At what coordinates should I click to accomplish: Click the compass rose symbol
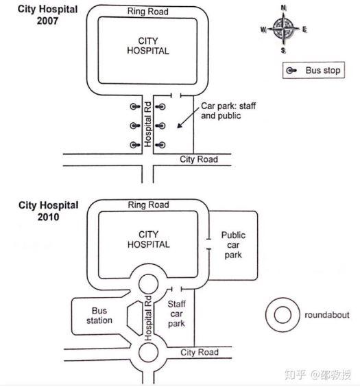coord(283,29)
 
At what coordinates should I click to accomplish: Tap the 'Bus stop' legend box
coord(314,70)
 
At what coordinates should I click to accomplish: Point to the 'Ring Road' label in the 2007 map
coord(148,12)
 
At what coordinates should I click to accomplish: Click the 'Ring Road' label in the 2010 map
coord(148,204)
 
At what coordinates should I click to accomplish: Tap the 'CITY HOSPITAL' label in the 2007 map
coord(148,46)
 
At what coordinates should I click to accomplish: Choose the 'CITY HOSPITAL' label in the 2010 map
coord(149,239)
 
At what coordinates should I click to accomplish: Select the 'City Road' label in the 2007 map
coord(199,159)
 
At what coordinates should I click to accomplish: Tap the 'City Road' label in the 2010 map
coord(200,353)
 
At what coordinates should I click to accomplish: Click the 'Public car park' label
coord(233,245)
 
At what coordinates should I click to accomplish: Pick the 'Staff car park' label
coord(177,313)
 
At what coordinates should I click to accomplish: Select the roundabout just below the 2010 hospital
coord(149,283)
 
